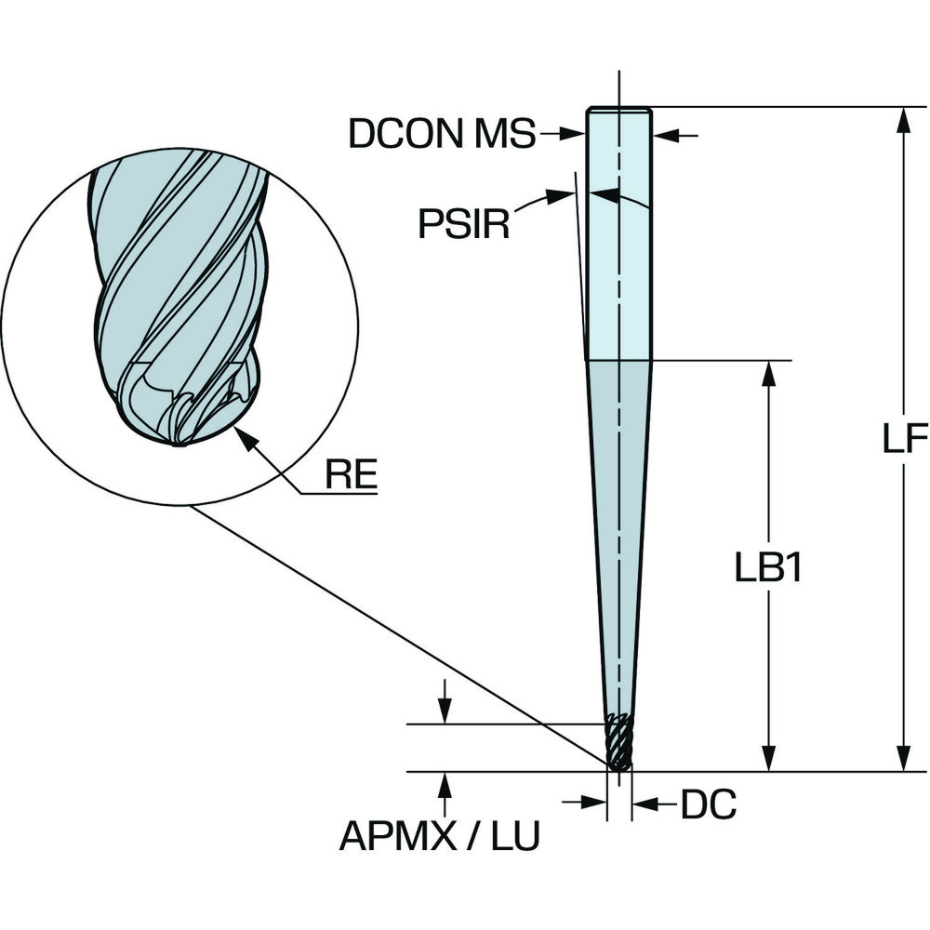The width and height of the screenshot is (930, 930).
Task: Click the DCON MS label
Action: coord(442,135)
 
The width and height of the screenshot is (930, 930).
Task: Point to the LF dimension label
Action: coord(904,439)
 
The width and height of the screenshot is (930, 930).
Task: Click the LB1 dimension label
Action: coord(768,569)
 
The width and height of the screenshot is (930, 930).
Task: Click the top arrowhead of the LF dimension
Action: coord(901,121)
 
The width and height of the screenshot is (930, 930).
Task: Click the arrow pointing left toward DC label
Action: coord(646,802)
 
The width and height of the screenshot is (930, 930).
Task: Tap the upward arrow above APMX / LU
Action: coord(445,786)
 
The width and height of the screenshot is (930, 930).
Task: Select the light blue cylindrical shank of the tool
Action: coord(618,232)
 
